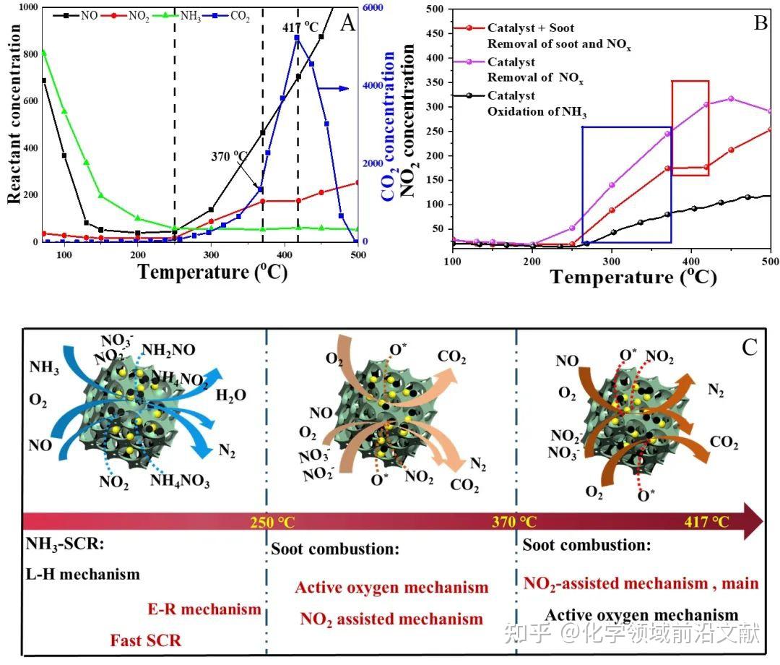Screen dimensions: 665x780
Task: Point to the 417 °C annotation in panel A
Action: [300, 27]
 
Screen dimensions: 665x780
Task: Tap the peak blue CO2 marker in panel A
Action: [297, 38]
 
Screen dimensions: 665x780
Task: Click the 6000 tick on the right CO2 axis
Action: [375, 7]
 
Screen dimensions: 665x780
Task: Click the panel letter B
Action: [760, 22]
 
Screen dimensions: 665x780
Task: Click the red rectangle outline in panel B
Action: [672, 130]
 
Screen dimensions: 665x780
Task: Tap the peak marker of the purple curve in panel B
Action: [731, 98]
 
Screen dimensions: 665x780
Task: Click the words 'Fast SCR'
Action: [145, 640]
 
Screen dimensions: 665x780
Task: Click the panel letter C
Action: [749, 348]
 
